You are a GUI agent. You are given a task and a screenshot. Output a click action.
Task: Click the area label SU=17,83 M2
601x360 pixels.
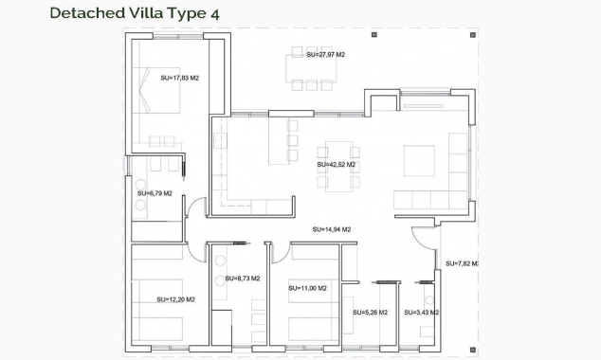pos(179,78)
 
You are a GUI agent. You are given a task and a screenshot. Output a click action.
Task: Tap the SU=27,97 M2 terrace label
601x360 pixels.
pos(325,55)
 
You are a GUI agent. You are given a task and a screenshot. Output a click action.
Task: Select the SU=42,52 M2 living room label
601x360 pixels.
pos(336,164)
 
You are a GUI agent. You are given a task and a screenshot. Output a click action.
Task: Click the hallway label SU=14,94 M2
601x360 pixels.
pos(332,229)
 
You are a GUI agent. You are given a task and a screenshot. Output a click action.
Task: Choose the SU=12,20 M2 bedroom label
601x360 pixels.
pos(175,299)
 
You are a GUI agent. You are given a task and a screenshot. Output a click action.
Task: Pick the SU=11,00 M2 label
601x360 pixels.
pos(307,287)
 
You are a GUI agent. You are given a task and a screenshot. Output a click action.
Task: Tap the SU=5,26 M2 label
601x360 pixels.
pos(370,313)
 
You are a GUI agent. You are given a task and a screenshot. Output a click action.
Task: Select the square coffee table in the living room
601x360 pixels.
pos(419,160)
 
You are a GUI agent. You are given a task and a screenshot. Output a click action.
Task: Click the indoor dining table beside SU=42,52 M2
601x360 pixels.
pos(339,167)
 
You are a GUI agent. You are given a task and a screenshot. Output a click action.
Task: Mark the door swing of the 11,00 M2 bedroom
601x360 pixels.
pos(280,252)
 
